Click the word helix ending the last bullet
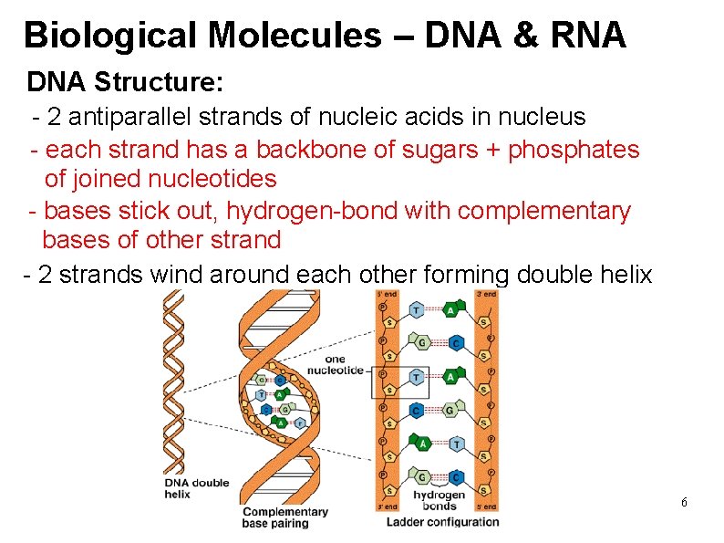tap(624, 274)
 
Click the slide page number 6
tap(684, 503)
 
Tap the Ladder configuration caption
tap(443, 522)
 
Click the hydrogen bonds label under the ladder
tap(440, 500)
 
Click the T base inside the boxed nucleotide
tap(417, 376)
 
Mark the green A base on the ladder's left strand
tap(422, 444)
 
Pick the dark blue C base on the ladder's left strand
tap(417, 410)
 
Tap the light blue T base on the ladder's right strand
tap(456, 444)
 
